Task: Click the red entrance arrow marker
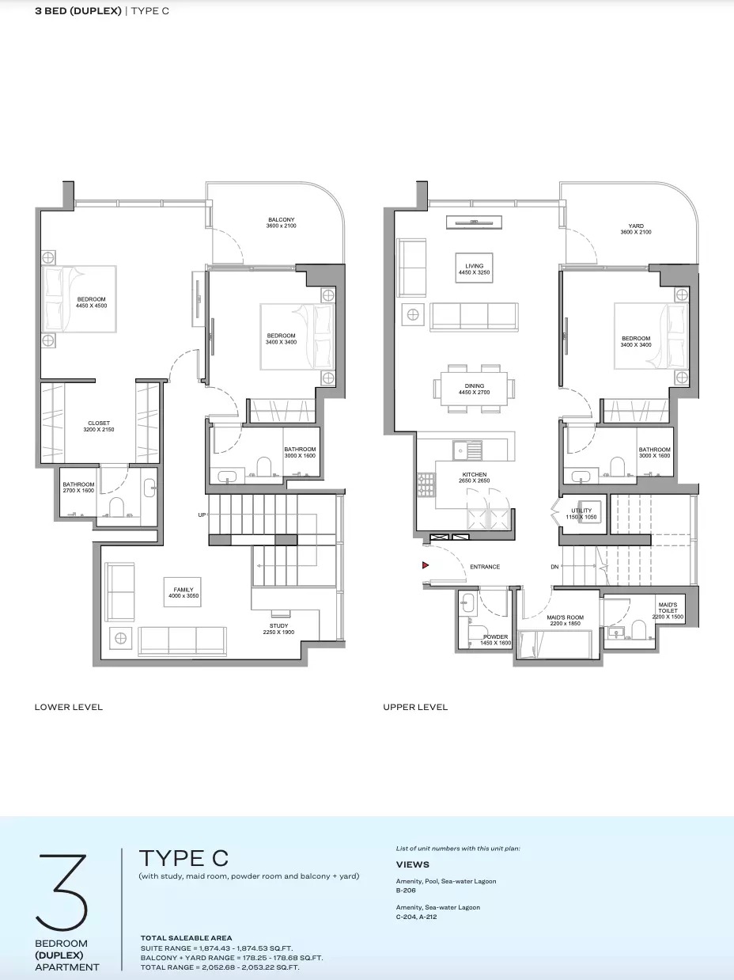tap(425, 565)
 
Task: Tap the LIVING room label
tap(474, 270)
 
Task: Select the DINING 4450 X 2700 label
tap(474, 389)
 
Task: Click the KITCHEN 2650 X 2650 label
tap(474, 477)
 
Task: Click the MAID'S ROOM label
tap(565, 621)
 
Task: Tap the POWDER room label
tap(495, 640)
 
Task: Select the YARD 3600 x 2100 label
tap(630, 230)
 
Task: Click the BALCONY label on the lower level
tap(281, 222)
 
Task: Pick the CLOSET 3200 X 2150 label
tap(99, 426)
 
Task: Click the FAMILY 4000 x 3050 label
tap(183, 592)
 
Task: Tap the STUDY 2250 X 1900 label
tap(278, 629)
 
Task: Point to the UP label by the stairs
tap(202, 515)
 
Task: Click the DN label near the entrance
tap(555, 568)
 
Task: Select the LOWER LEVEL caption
tap(69, 707)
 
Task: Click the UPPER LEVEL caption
tap(415, 707)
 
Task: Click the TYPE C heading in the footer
tap(183, 857)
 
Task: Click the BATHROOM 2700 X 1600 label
tap(79, 488)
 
